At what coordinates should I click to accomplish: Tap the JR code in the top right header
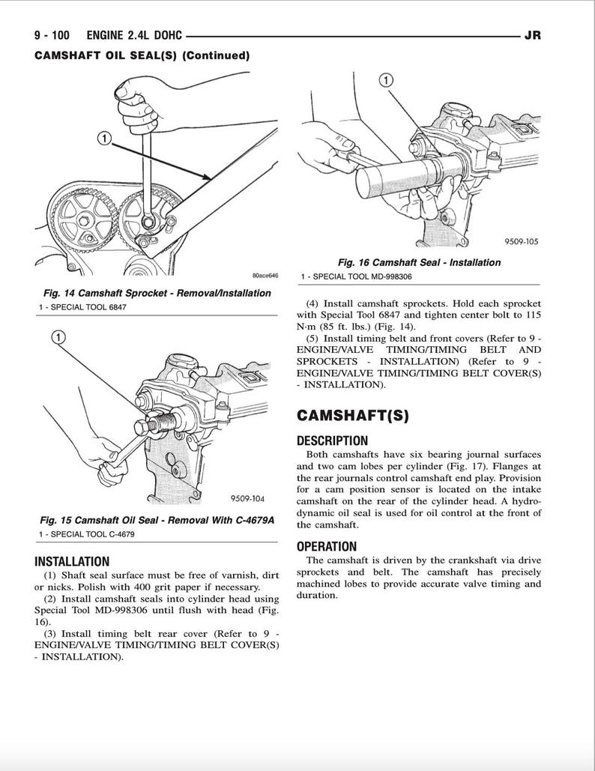pyautogui.click(x=533, y=35)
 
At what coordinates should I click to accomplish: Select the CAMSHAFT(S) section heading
pyautogui.click(x=353, y=416)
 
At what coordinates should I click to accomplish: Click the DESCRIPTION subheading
pyautogui.click(x=332, y=441)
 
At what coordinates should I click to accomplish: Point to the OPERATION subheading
pyautogui.click(x=327, y=546)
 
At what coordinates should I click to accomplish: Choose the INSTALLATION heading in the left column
pyautogui.click(x=72, y=561)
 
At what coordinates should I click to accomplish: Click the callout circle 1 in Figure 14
pyautogui.click(x=104, y=138)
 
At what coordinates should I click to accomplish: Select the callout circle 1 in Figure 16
pyautogui.click(x=385, y=79)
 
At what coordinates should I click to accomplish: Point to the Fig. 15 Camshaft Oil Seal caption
pyautogui.click(x=157, y=519)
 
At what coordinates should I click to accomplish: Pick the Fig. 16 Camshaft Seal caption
pyautogui.click(x=419, y=262)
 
